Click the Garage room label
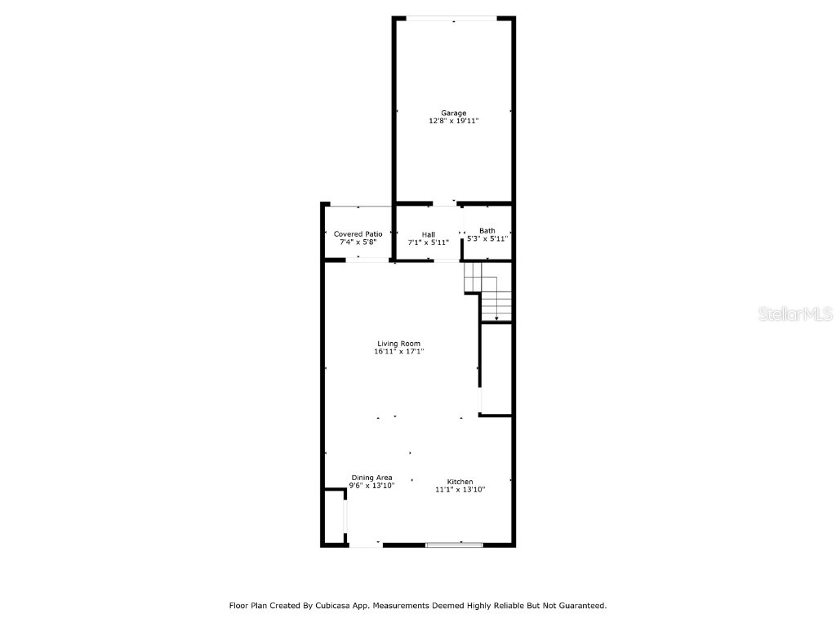point(454,113)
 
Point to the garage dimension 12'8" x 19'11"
point(454,121)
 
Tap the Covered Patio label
point(358,234)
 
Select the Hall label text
point(429,235)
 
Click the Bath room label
point(487,230)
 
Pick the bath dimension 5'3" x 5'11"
point(487,238)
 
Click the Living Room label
point(399,344)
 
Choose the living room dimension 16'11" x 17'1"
point(399,352)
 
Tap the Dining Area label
point(372,478)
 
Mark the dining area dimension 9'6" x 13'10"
point(372,486)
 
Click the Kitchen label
point(460,482)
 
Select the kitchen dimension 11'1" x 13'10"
point(460,490)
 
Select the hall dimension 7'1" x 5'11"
point(429,243)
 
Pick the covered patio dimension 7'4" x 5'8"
point(358,242)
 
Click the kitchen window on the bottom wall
point(455,545)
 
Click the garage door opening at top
point(454,18)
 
